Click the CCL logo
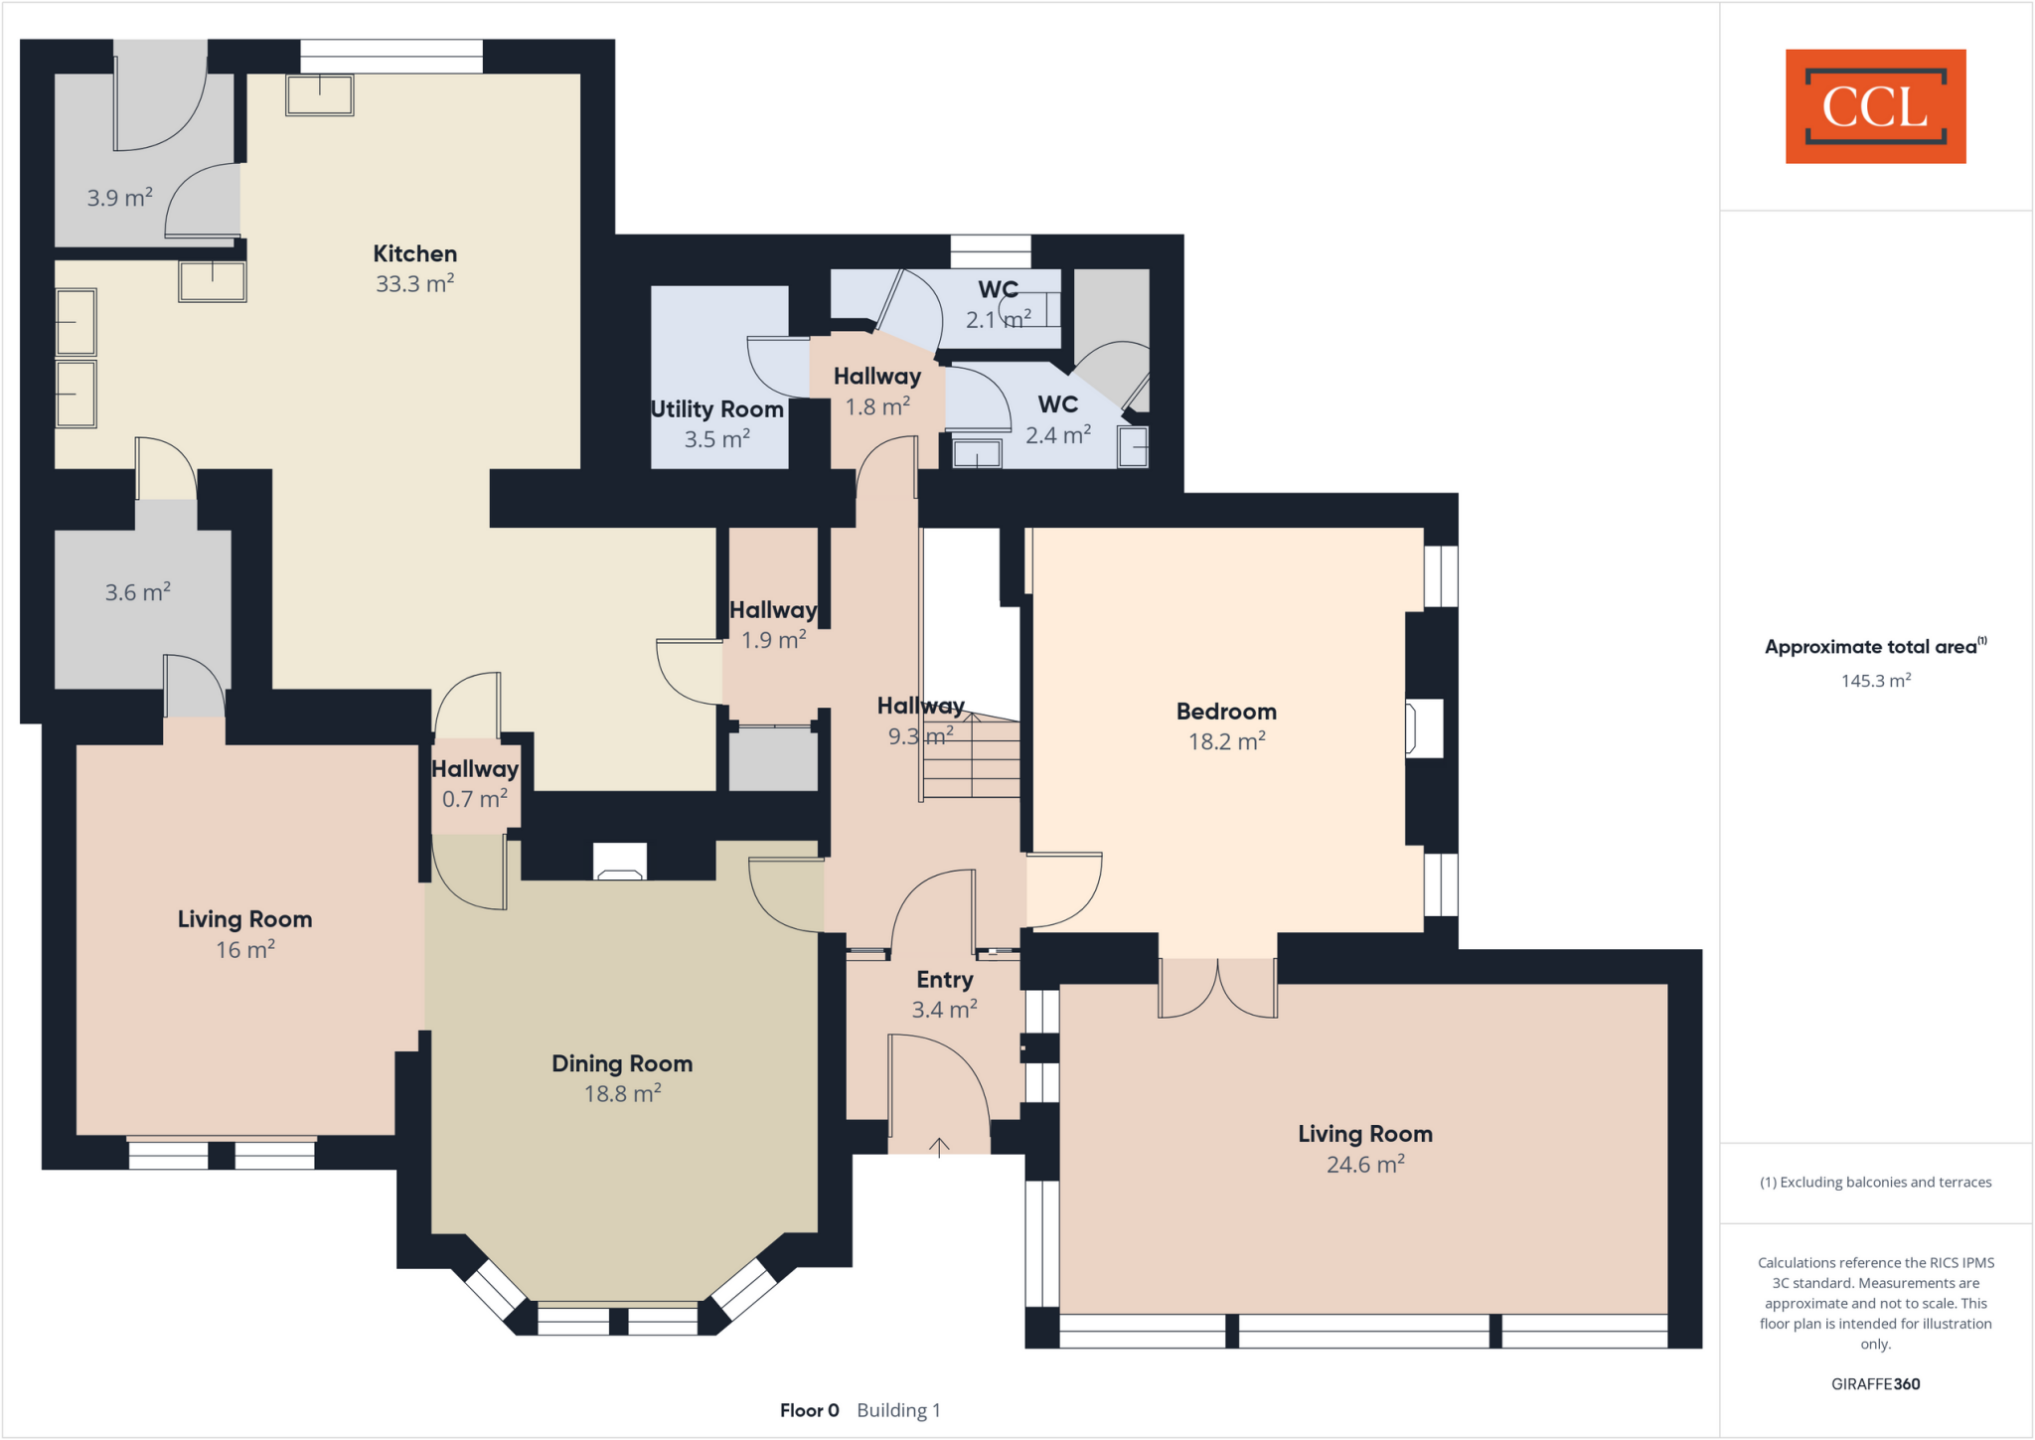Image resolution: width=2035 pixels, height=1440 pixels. pyautogui.click(x=1875, y=106)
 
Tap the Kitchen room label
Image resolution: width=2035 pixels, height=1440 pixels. pyautogui.click(x=414, y=253)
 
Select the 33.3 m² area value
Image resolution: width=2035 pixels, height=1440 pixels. pyautogui.click(x=414, y=284)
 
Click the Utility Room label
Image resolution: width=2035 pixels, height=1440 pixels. pyautogui.click(x=716, y=409)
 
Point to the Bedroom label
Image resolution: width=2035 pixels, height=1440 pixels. pyautogui.click(x=1226, y=712)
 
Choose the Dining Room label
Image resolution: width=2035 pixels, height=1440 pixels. pyautogui.click(x=622, y=1063)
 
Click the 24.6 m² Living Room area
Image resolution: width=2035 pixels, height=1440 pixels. pyautogui.click(x=1365, y=1165)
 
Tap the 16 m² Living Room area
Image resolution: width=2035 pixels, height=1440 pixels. pyautogui.click(x=244, y=950)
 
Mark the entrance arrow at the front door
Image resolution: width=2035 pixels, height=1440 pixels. pyautogui.click(x=939, y=1147)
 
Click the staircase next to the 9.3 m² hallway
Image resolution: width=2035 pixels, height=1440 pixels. pyautogui.click(x=972, y=760)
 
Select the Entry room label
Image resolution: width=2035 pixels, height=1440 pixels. pyautogui.click(x=944, y=980)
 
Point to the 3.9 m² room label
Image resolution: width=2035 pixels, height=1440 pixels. pyautogui.click(x=119, y=198)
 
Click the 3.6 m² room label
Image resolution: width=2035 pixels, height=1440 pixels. pyautogui.click(x=138, y=593)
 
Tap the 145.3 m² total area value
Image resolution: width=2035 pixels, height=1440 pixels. pyautogui.click(x=1875, y=681)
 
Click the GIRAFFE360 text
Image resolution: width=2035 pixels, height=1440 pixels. pyautogui.click(x=1875, y=1383)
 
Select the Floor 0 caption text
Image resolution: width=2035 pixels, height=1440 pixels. pyautogui.click(x=809, y=1410)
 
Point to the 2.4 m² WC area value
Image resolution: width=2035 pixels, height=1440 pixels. pyautogui.click(x=1057, y=435)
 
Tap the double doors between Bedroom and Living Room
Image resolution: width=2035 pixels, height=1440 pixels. pyautogui.click(x=1217, y=989)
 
